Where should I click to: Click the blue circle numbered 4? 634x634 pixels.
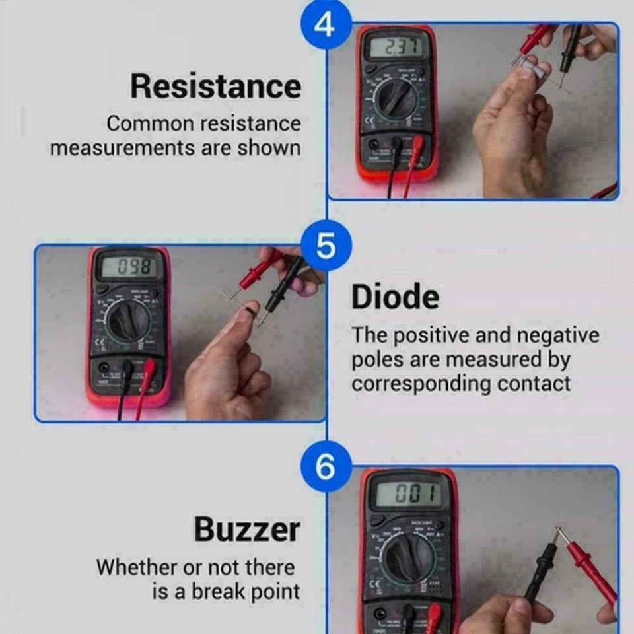(325, 24)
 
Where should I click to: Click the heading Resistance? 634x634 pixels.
(215, 87)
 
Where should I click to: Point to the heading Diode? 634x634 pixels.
(395, 297)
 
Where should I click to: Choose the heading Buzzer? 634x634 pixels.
(247, 529)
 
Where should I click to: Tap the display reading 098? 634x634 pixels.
(129, 267)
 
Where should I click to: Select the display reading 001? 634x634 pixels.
(407, 493)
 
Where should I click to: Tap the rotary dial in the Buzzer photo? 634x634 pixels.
(409, 555)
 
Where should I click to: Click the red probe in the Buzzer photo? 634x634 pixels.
(590, 569)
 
